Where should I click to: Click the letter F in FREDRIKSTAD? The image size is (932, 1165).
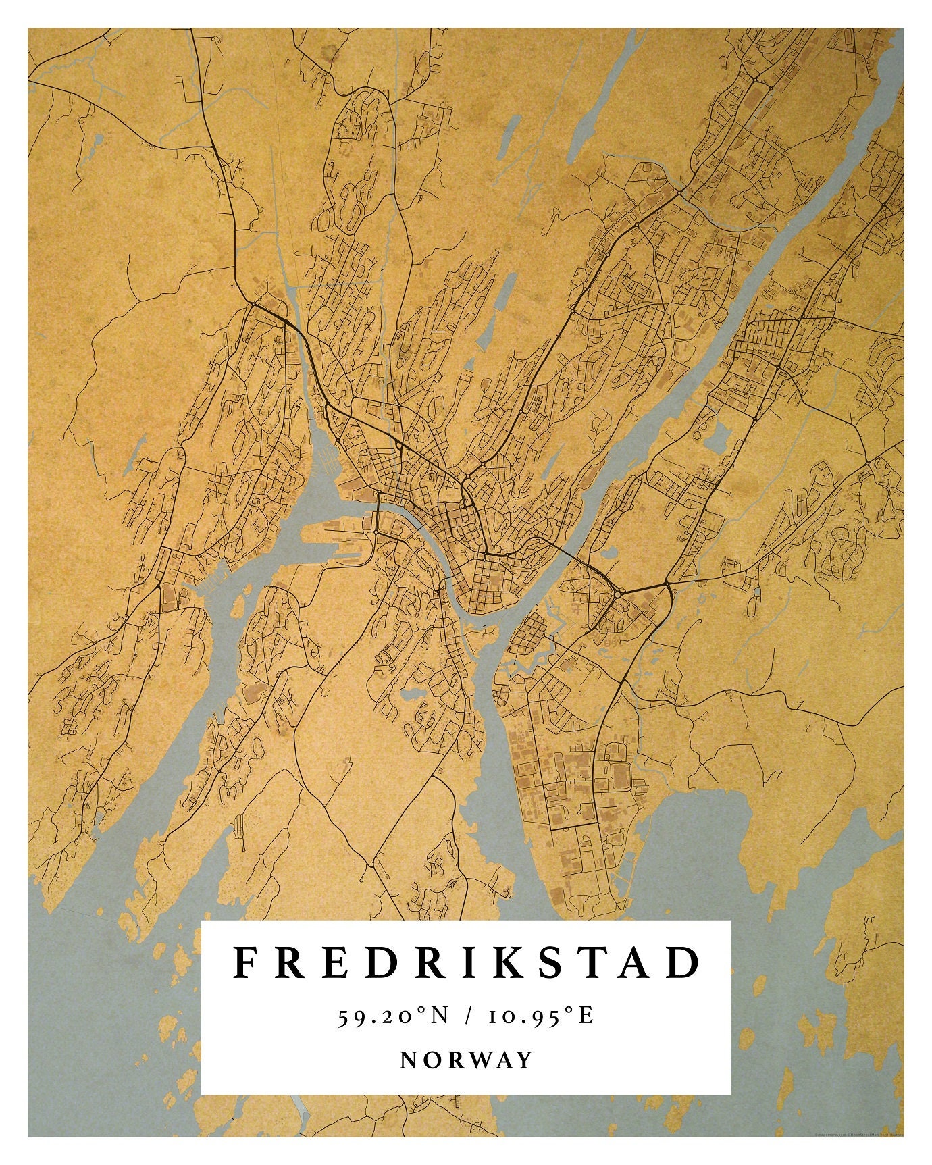(245, 962)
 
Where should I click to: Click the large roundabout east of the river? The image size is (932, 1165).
(618, 594)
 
